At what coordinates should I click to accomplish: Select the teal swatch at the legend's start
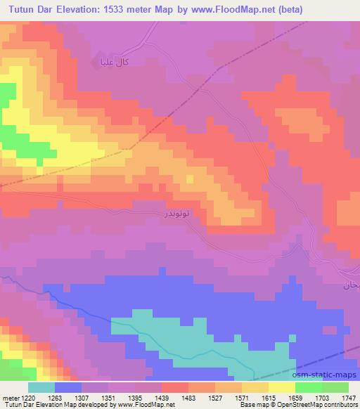(41, 387)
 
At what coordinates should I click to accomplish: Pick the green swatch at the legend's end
(335, 387)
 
